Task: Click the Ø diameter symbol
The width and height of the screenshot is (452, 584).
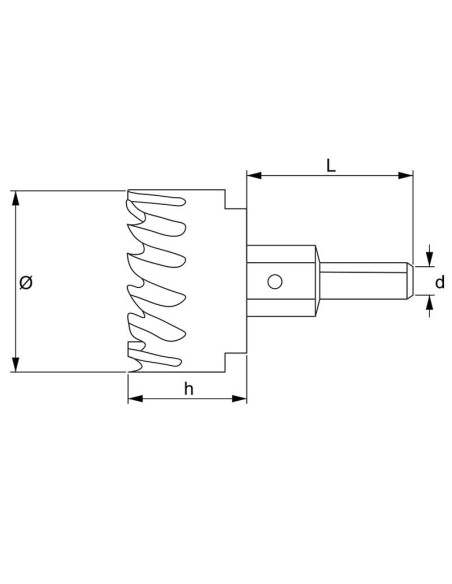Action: pyautogui.click(x=27, y=282)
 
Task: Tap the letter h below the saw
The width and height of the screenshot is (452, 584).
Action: pyautogui.click(x=187, y=389)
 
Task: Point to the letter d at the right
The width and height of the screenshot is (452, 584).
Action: pyautogui.click(x=439, y=282)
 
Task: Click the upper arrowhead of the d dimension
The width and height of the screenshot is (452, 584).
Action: pyautogui.click(x=430, y=257)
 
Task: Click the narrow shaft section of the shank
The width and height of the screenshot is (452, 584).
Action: pyautogui.click(x=365, y=281)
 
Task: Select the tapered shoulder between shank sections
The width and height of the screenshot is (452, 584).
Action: pyautogui.click(x=319, y=281)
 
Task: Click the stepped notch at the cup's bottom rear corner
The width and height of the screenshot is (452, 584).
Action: pyautogui.click(x=236, y=362)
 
